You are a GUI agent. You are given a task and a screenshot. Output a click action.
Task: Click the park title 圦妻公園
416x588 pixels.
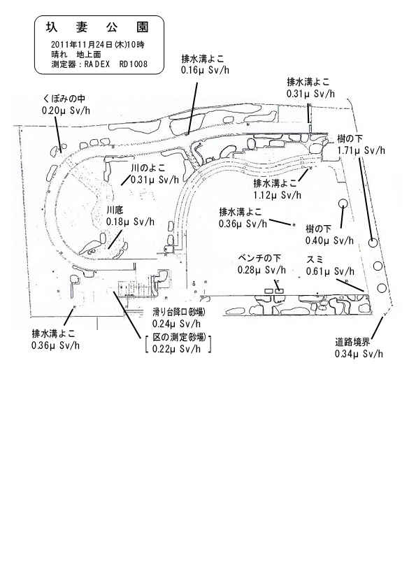[x=97, y=27]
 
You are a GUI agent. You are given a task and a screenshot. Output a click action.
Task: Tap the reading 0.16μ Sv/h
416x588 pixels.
[x=205, y=70]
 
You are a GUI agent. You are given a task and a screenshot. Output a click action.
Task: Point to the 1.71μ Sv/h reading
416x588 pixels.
[x=361, y=151]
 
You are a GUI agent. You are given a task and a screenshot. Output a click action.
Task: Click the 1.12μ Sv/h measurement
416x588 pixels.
[x=277, y=195]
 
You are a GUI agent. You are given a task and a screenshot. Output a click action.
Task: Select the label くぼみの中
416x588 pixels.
[x=64, y=99]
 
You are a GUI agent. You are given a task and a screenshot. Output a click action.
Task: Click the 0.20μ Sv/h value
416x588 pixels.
[x=66, y=110]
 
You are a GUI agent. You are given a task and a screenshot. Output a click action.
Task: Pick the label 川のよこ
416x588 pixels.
[x=148, y=168]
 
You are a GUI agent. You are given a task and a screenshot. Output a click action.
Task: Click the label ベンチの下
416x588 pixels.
[x=259, y=258]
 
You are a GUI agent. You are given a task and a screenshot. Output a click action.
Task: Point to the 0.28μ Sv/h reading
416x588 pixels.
[x=261, y=270]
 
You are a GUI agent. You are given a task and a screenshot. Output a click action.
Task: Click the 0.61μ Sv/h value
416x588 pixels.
[x=330, y=271]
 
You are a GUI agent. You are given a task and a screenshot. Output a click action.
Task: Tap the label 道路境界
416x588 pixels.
[x=352, y=342]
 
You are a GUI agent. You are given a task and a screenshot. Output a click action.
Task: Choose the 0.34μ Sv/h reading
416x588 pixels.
[x=359, y=354]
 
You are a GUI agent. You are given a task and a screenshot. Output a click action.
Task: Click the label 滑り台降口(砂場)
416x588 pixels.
[x=179, y=312]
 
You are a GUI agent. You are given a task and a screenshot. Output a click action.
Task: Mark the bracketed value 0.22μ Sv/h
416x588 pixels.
[x=176, y=349]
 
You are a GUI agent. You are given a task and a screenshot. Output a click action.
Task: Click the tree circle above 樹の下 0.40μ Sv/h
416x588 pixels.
[x=343, y=203]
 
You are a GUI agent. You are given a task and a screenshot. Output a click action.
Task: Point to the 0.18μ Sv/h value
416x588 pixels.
[x=130, y=221]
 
